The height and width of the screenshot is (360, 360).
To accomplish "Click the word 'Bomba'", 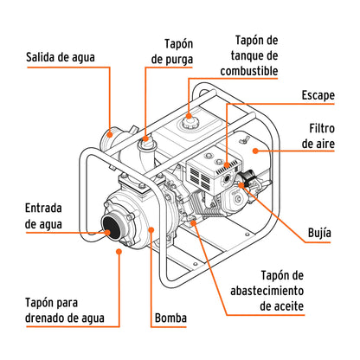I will tap(170, 318).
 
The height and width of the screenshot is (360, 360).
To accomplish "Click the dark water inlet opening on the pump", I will tap(111, 228).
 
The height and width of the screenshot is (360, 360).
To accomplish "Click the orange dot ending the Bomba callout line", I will tap(152, 228).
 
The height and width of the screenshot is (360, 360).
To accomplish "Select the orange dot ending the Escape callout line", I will tap(228, 162).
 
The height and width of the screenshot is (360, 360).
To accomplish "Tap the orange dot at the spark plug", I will tap(252, 183).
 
